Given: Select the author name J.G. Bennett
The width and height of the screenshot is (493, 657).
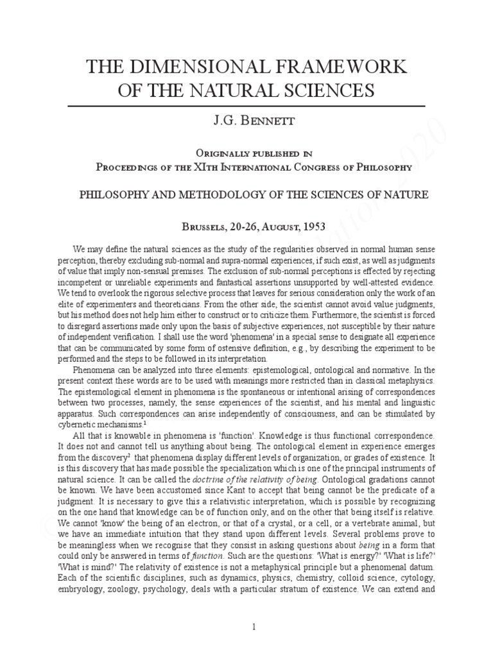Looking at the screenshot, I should click(246, 122).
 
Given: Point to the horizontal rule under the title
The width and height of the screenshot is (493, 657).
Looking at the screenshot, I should click(246, 105).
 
